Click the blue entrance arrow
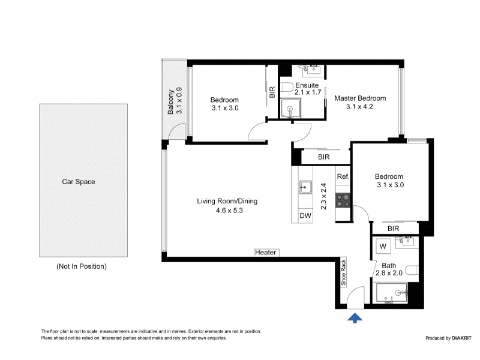(x=355, y=318)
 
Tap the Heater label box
(x=266, y=252)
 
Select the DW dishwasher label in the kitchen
(x=305, y=215)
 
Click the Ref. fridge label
(x=343, y=176)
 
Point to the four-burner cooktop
(x=343, y=200)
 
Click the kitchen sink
(x=305, y=187)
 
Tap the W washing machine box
(x=383, y=246)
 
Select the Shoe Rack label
(x=343, y=272)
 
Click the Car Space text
(x=79, y=182)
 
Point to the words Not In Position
(x=82, y=266)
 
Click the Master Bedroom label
(x=360, y=98)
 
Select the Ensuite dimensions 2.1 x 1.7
(x=308, y=92)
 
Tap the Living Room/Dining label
(x=227, y=201)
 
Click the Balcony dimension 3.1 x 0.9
(x=179, y=101)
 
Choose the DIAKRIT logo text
(x=461, y=338)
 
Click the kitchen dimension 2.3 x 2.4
(x=323, y=196)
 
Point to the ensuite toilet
(x=287, y=88)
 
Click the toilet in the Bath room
(x=412, y=271)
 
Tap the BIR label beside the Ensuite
(x=272, y=92)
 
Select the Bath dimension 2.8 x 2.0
(x=389, y=273)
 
